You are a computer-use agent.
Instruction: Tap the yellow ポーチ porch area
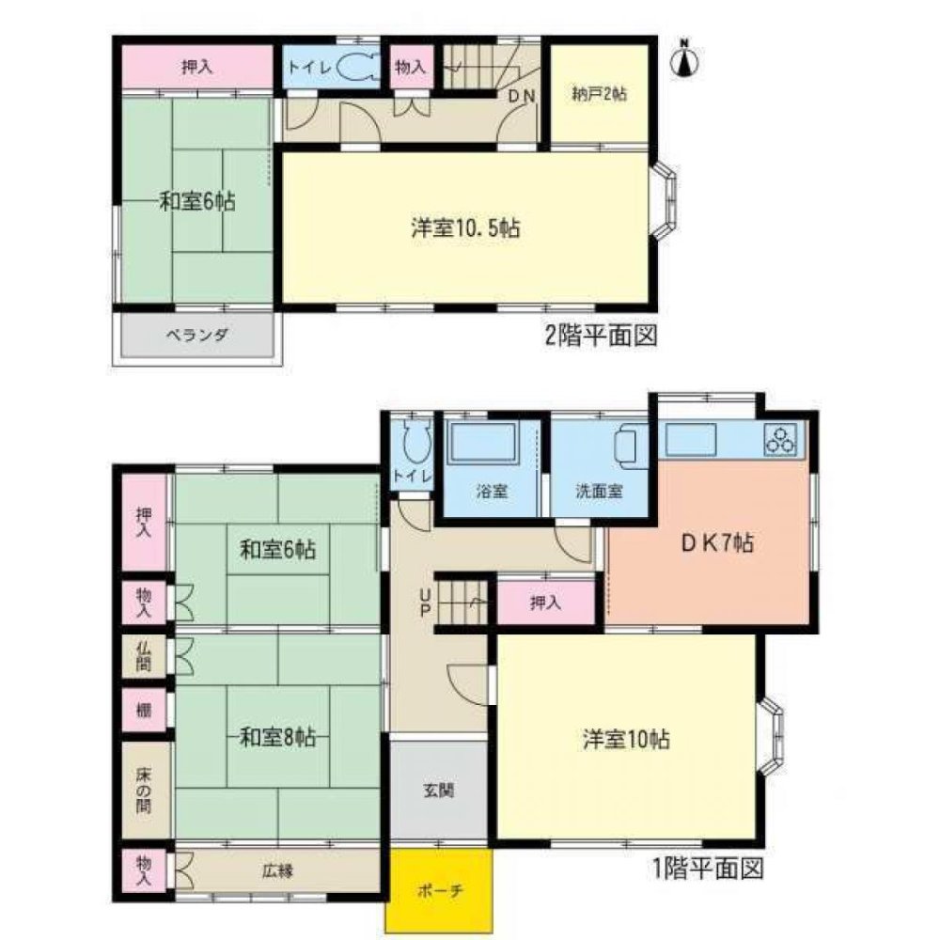click(439, 889)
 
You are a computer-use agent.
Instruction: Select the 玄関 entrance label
click(439, 791)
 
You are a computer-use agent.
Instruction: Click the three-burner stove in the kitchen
click(780, 439)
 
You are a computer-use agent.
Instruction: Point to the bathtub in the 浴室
click(483, 441)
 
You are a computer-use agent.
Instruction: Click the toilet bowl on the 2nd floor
click(357, 67)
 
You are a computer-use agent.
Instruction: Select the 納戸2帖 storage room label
click(600, 94)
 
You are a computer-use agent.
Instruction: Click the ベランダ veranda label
click(197, 335)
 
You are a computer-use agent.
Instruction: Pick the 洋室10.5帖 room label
click(466, 227)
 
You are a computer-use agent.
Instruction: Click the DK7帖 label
click(717, 542)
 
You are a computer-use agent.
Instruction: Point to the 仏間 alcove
click(144, 656)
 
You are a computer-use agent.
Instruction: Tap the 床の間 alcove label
click(143, 791)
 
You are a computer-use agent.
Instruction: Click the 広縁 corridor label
click(277, 869)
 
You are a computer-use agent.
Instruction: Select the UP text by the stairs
click(425, 603)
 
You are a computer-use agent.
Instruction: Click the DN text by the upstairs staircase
click(521, 96)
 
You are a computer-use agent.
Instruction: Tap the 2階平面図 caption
click(601, 336)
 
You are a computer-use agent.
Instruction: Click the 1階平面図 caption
click(708, 869)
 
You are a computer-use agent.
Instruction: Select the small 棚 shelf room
click(144, 711)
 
